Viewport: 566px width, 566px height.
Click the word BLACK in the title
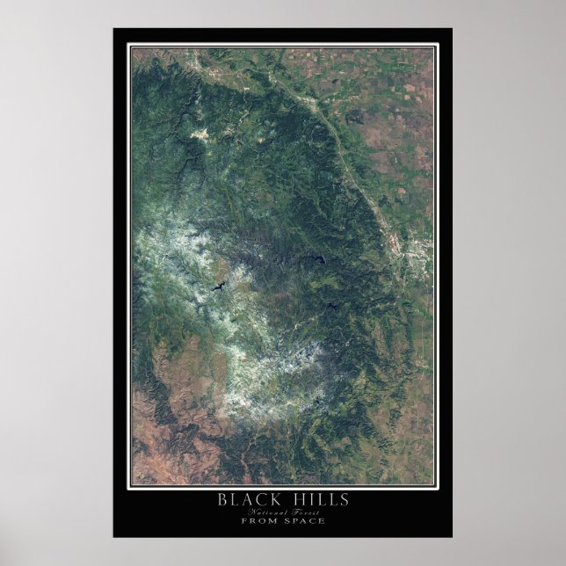pos(249,501)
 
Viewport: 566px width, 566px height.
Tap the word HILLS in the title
pos(323,501)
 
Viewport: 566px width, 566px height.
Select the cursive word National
pos(265,512)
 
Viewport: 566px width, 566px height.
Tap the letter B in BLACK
pos(222,501)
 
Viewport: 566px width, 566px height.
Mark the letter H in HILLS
pos(296,501)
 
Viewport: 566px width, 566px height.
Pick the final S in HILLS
pos(345,501)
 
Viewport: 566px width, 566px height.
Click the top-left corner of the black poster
pos(113,29)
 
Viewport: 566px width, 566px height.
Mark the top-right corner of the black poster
pos(452,29)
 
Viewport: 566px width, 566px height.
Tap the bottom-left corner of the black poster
pos(113,537)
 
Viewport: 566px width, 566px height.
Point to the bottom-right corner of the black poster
pos(452,537)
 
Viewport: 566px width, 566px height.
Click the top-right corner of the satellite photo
pos(433,47)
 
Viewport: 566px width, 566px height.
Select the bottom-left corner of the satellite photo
pos(133,484)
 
